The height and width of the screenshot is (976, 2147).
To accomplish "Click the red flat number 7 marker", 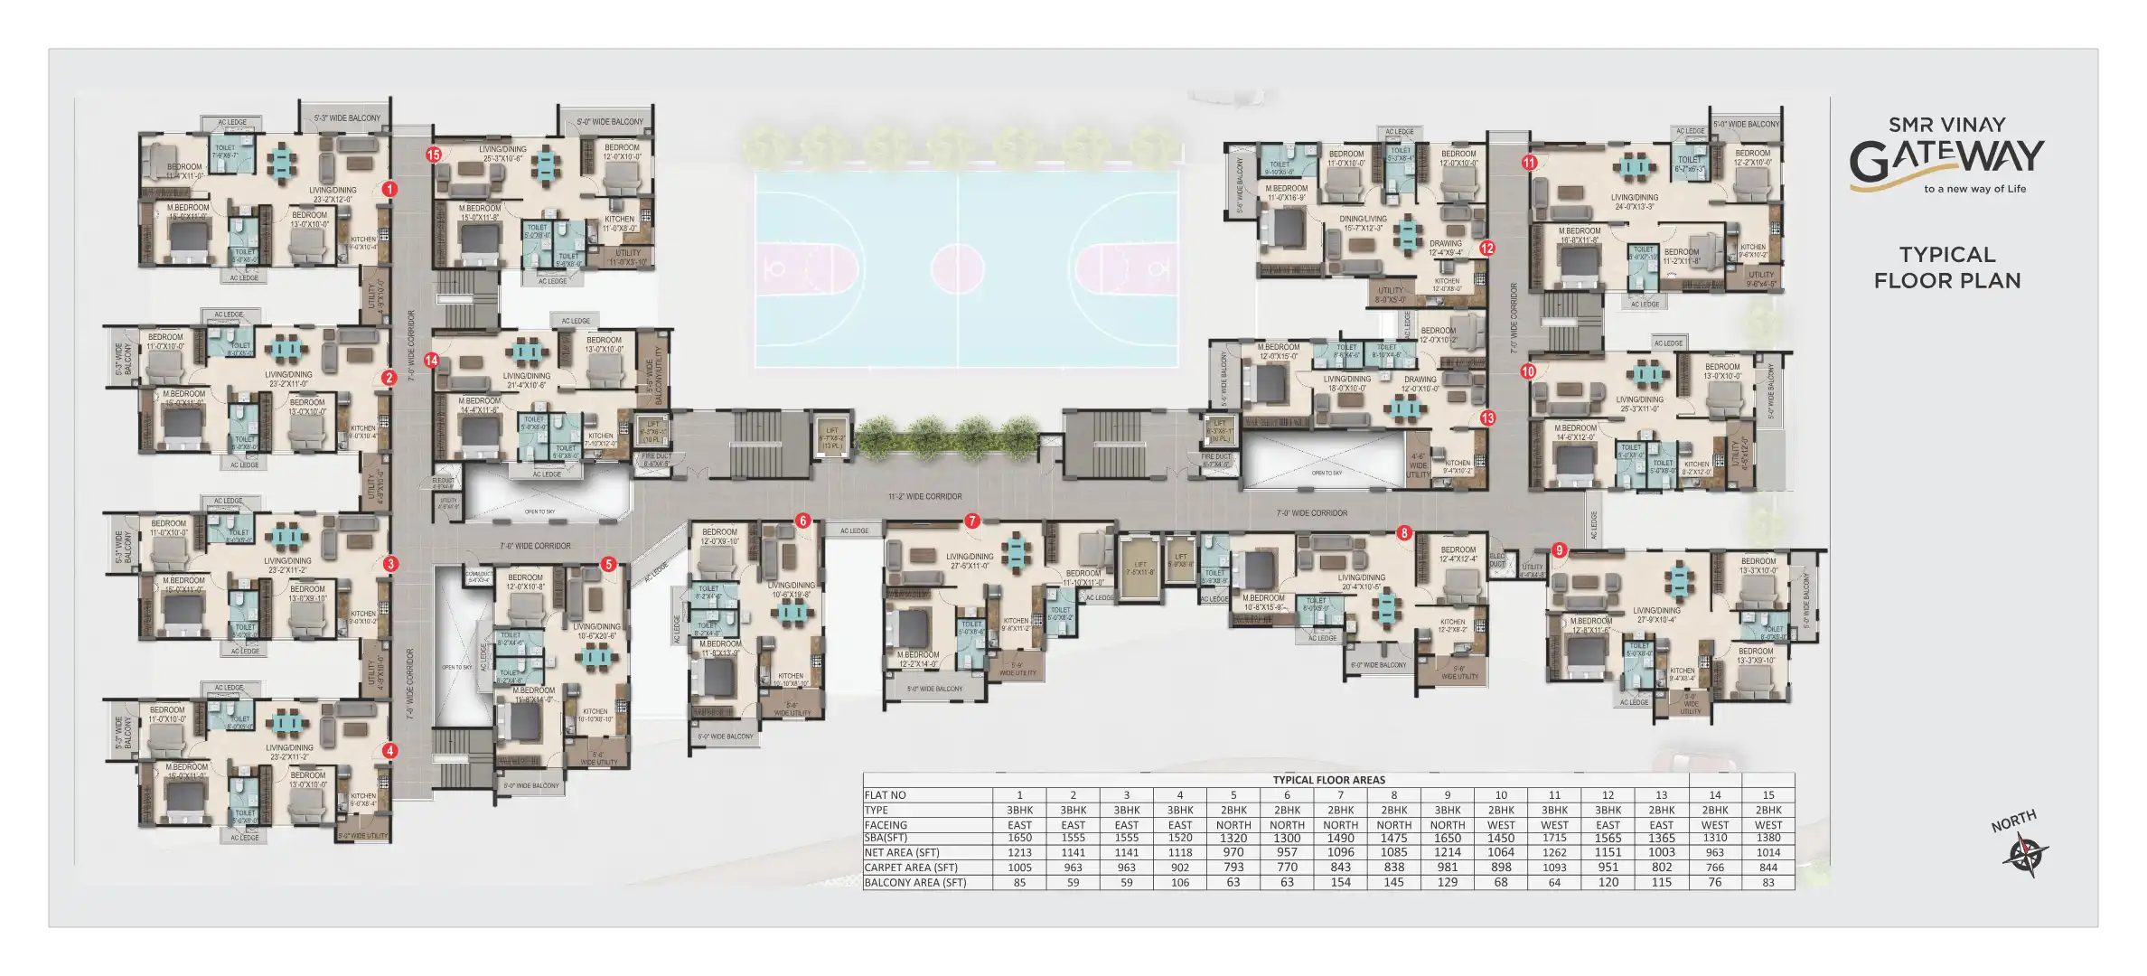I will point(972,521).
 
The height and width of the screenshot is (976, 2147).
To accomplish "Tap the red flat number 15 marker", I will point(434,155).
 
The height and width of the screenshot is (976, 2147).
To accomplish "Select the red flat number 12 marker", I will point(1487,249).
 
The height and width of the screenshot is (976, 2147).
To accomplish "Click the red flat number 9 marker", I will point(1559,550).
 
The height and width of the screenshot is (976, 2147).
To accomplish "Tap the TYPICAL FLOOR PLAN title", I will point(1947,267).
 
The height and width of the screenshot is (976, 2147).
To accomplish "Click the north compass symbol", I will point(2024,854).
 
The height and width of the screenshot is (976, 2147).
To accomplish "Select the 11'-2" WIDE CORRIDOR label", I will point(924,496).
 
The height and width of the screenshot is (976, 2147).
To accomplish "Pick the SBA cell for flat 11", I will point(1554,839).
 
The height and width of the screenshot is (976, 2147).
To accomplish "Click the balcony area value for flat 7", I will point(1340,883).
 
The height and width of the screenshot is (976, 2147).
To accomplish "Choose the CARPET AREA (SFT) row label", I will point(910,868).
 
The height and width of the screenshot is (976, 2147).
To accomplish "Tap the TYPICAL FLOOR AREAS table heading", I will point(1328,780).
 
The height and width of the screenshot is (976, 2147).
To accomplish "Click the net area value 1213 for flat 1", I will point(1019,853).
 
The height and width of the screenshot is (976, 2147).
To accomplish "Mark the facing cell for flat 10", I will point(1501,825).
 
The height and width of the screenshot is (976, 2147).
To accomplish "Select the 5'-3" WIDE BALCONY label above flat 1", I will point(347,118).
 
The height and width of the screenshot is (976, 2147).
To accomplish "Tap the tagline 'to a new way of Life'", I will point(1974,190).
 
